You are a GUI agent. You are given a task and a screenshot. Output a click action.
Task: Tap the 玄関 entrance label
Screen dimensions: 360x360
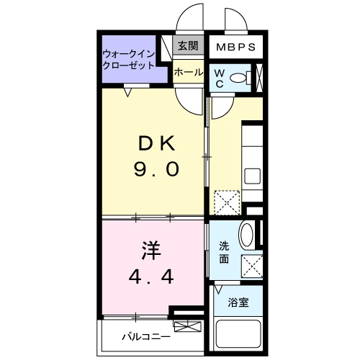pos(189,46)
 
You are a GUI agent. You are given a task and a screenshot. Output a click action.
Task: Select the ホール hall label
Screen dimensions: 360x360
pos(189,72)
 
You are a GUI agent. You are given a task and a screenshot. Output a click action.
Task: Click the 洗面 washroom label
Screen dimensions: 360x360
pos(225,252)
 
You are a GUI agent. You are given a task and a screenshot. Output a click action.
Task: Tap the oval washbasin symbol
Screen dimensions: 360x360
pos(246,235)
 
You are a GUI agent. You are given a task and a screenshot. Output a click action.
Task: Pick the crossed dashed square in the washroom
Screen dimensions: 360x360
pos(250,266)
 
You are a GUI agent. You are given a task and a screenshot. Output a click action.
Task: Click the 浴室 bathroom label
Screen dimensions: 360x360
pos(239,302)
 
